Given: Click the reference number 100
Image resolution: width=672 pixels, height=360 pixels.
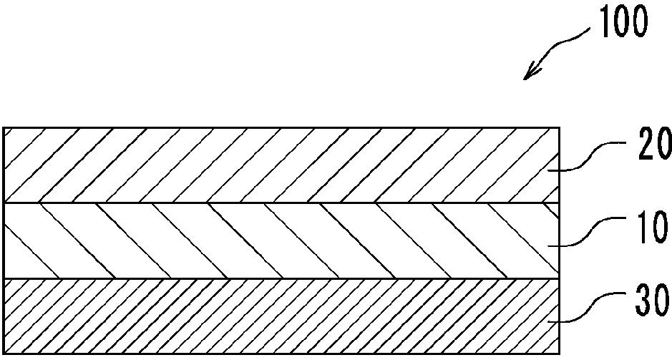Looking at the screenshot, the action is click(x=623, y=21).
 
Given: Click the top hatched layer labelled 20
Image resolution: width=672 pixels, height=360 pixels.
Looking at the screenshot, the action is click(x=281, y=165).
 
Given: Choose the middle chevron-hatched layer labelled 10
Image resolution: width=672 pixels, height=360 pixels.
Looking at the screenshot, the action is click(x=281, y=240).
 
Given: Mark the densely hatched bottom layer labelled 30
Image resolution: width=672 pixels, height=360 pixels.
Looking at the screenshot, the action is click(x=281, y=316).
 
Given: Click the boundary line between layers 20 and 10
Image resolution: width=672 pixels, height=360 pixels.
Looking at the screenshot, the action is click(x=281, y=203).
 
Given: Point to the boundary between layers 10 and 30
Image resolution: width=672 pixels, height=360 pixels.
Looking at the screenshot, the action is click(x=281, y=278).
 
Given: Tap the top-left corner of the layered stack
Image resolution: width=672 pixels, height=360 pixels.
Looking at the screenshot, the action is click(x=4, y=127).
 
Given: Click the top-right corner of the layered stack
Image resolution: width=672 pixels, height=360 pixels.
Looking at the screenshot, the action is click(x=560, y=127).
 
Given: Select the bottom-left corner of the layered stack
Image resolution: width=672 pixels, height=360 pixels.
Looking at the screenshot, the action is click(x=4, y=354).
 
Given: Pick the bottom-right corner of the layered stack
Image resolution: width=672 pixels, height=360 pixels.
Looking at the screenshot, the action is click(x=560, y=354).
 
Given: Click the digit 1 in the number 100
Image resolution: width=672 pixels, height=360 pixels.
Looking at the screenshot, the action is click(x=605, y=21).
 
